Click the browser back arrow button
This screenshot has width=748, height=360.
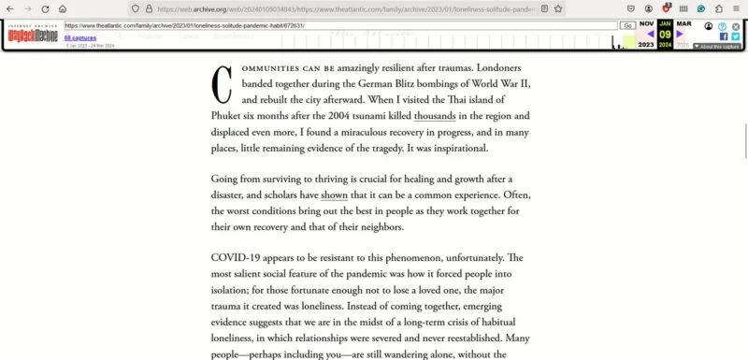(x=9, y=8)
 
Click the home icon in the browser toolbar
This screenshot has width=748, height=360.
(x=62, y=8)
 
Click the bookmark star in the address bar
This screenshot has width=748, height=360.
(x=558, y=8)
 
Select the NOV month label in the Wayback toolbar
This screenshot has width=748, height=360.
(x=646, y=23)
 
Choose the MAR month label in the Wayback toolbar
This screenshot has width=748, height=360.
(x=684, y=23)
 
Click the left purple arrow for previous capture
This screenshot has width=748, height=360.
(x=651, y=35)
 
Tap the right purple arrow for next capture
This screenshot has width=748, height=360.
(x=681, y=35)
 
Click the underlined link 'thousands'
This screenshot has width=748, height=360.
(x=435, y=116)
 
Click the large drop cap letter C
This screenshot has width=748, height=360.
(x=223, y=85)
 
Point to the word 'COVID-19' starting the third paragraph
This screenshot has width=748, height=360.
(x=237, y=257)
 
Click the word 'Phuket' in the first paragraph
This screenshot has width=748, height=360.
(x=230, y=116)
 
